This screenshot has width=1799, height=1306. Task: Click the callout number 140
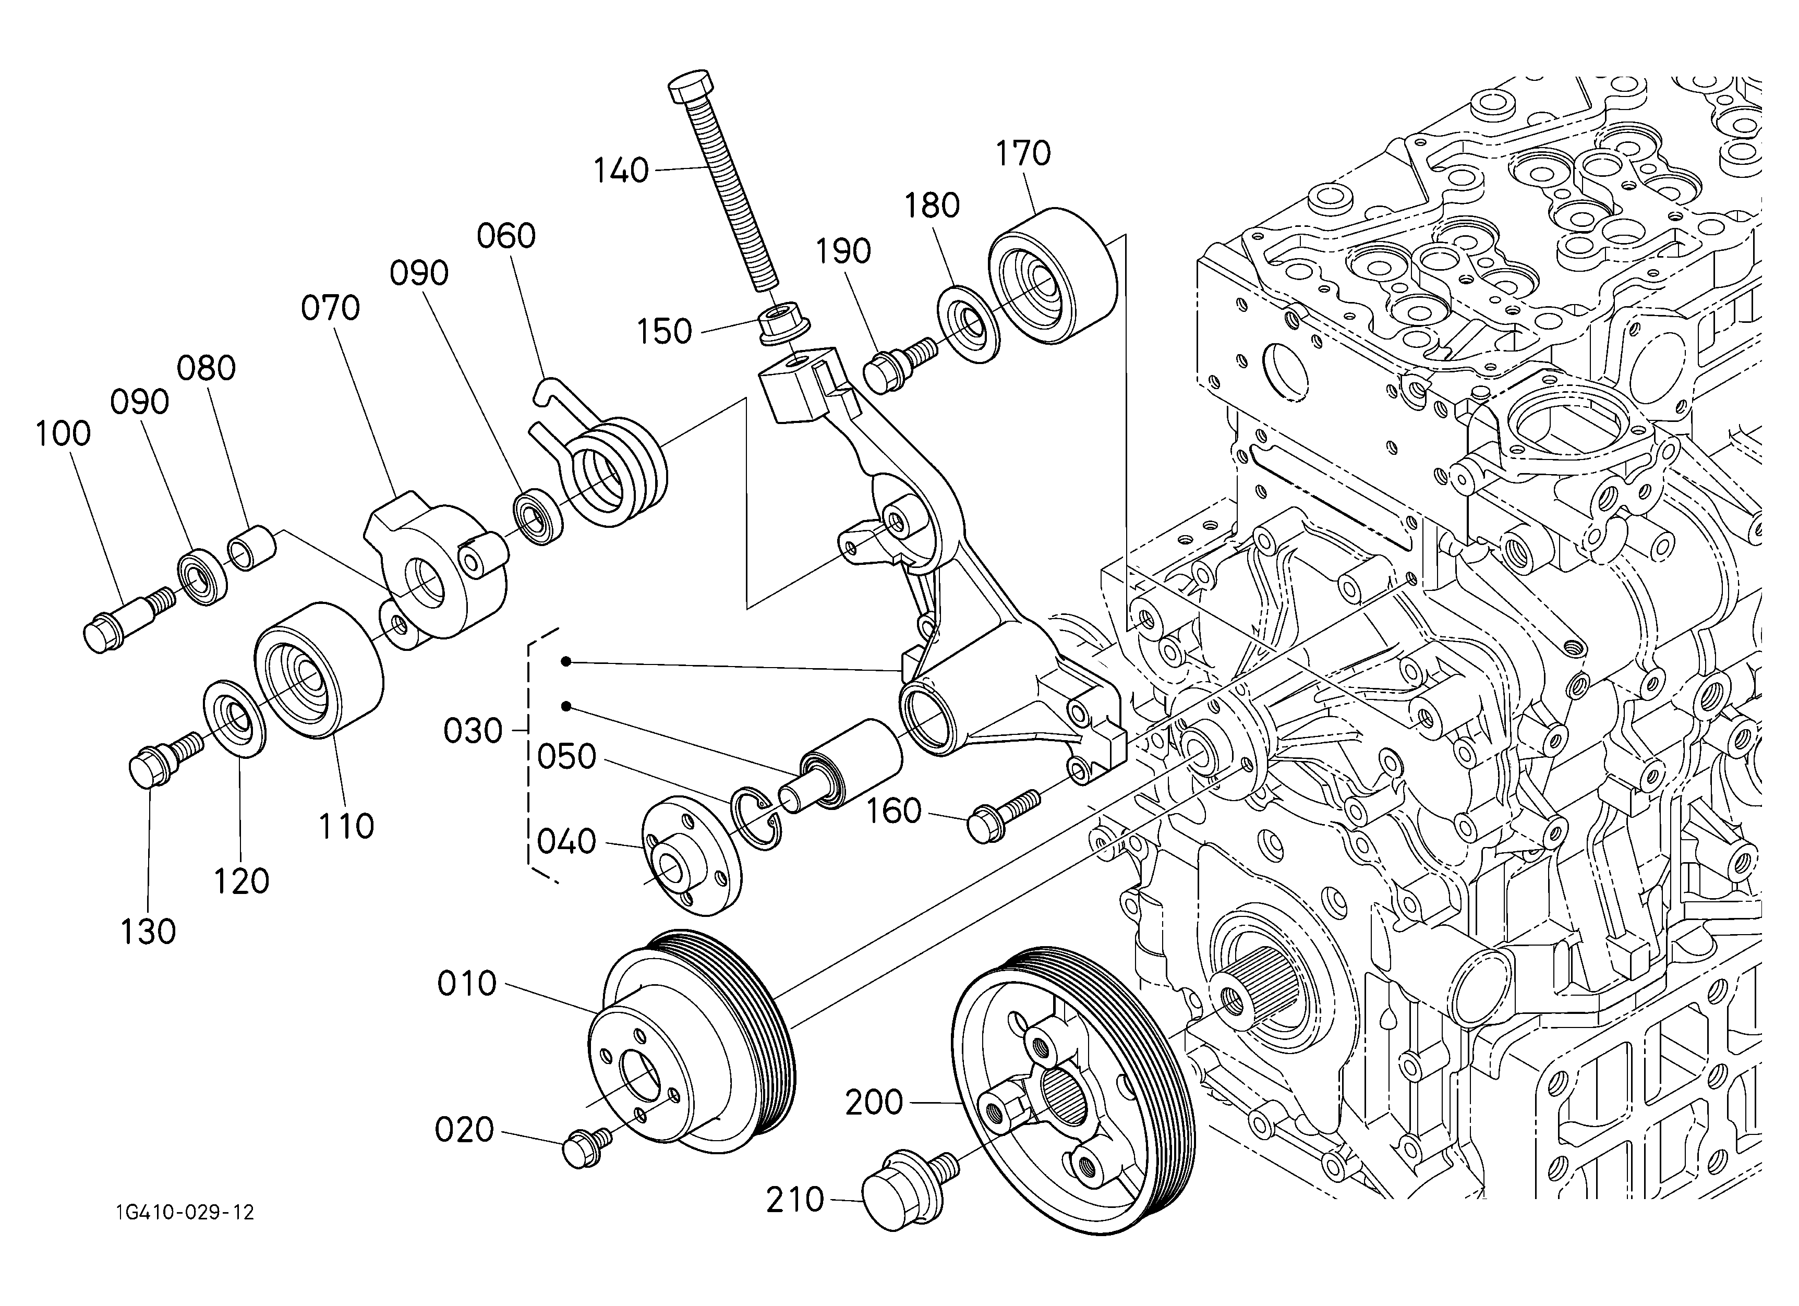click(x=621, y=171)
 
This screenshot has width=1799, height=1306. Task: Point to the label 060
click(x=506, y=236)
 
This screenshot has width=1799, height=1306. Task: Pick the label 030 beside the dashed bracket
click(x=473, y=730)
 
